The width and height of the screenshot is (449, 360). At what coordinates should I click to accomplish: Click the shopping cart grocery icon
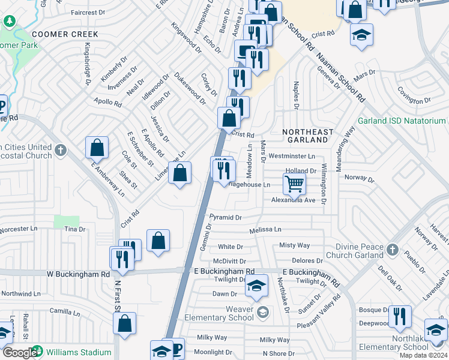[x=294, y=184]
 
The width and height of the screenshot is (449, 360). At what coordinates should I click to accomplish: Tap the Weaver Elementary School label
[x=232, y=313]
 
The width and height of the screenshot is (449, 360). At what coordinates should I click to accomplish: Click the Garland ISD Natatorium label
[x=402, y=121]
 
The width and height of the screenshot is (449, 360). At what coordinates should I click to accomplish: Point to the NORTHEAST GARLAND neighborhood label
[x=307, y=136]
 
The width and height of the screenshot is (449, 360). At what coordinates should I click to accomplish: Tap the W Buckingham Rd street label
[x=79, y=274]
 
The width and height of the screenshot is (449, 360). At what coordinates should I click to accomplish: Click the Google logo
[x=19, y=353]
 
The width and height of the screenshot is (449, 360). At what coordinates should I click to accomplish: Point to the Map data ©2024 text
[x=422, y=355]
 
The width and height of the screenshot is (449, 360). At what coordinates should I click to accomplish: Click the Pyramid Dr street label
[x=225, y=217]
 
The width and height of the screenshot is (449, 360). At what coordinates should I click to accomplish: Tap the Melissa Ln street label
[x=265, y=229]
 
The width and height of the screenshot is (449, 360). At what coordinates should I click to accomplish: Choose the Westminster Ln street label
[x=292, y=156]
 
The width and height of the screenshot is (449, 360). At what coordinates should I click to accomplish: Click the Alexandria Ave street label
[x=293, y=200]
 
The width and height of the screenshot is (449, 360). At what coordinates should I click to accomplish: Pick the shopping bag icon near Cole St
[x=97, y=148]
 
